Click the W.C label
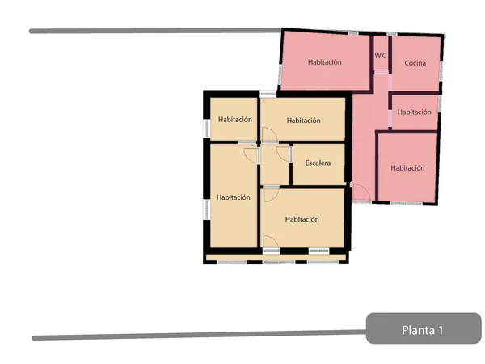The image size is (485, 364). pyautogui.click(x=381, y=56)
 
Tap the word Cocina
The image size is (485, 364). pyautogui.click(x=415, y=63)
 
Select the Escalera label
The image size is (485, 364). pyautogui.click(x=318, y=163)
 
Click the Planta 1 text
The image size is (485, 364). pyautogui.click(x=423, y=330)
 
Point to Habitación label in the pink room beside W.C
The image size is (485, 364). pyautogui.click(x=325, y=62)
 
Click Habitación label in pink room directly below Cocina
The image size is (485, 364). pyautogui.click(x=414, y=112)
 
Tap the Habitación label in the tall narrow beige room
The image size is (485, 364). pyautogui.click(x=234, y=197)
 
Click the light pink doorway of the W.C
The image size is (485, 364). pyautogui.click(x=382, y=72)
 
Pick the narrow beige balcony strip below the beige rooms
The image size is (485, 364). pyautogui.click(x=276, y=258)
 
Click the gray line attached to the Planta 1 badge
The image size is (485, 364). pyautogui.click(x=199, y=335)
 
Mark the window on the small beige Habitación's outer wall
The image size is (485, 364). pyautogui.click(x=206, y=128)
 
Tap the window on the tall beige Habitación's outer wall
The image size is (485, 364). pyautogui.click(x=206, y=210)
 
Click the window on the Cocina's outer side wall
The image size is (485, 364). pyautogui.click(x=441, y=70)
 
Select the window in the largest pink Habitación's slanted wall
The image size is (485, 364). pyautogui.click(x=280, y=74)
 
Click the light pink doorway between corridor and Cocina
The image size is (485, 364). pyautogui.click(x=390, y=83)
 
